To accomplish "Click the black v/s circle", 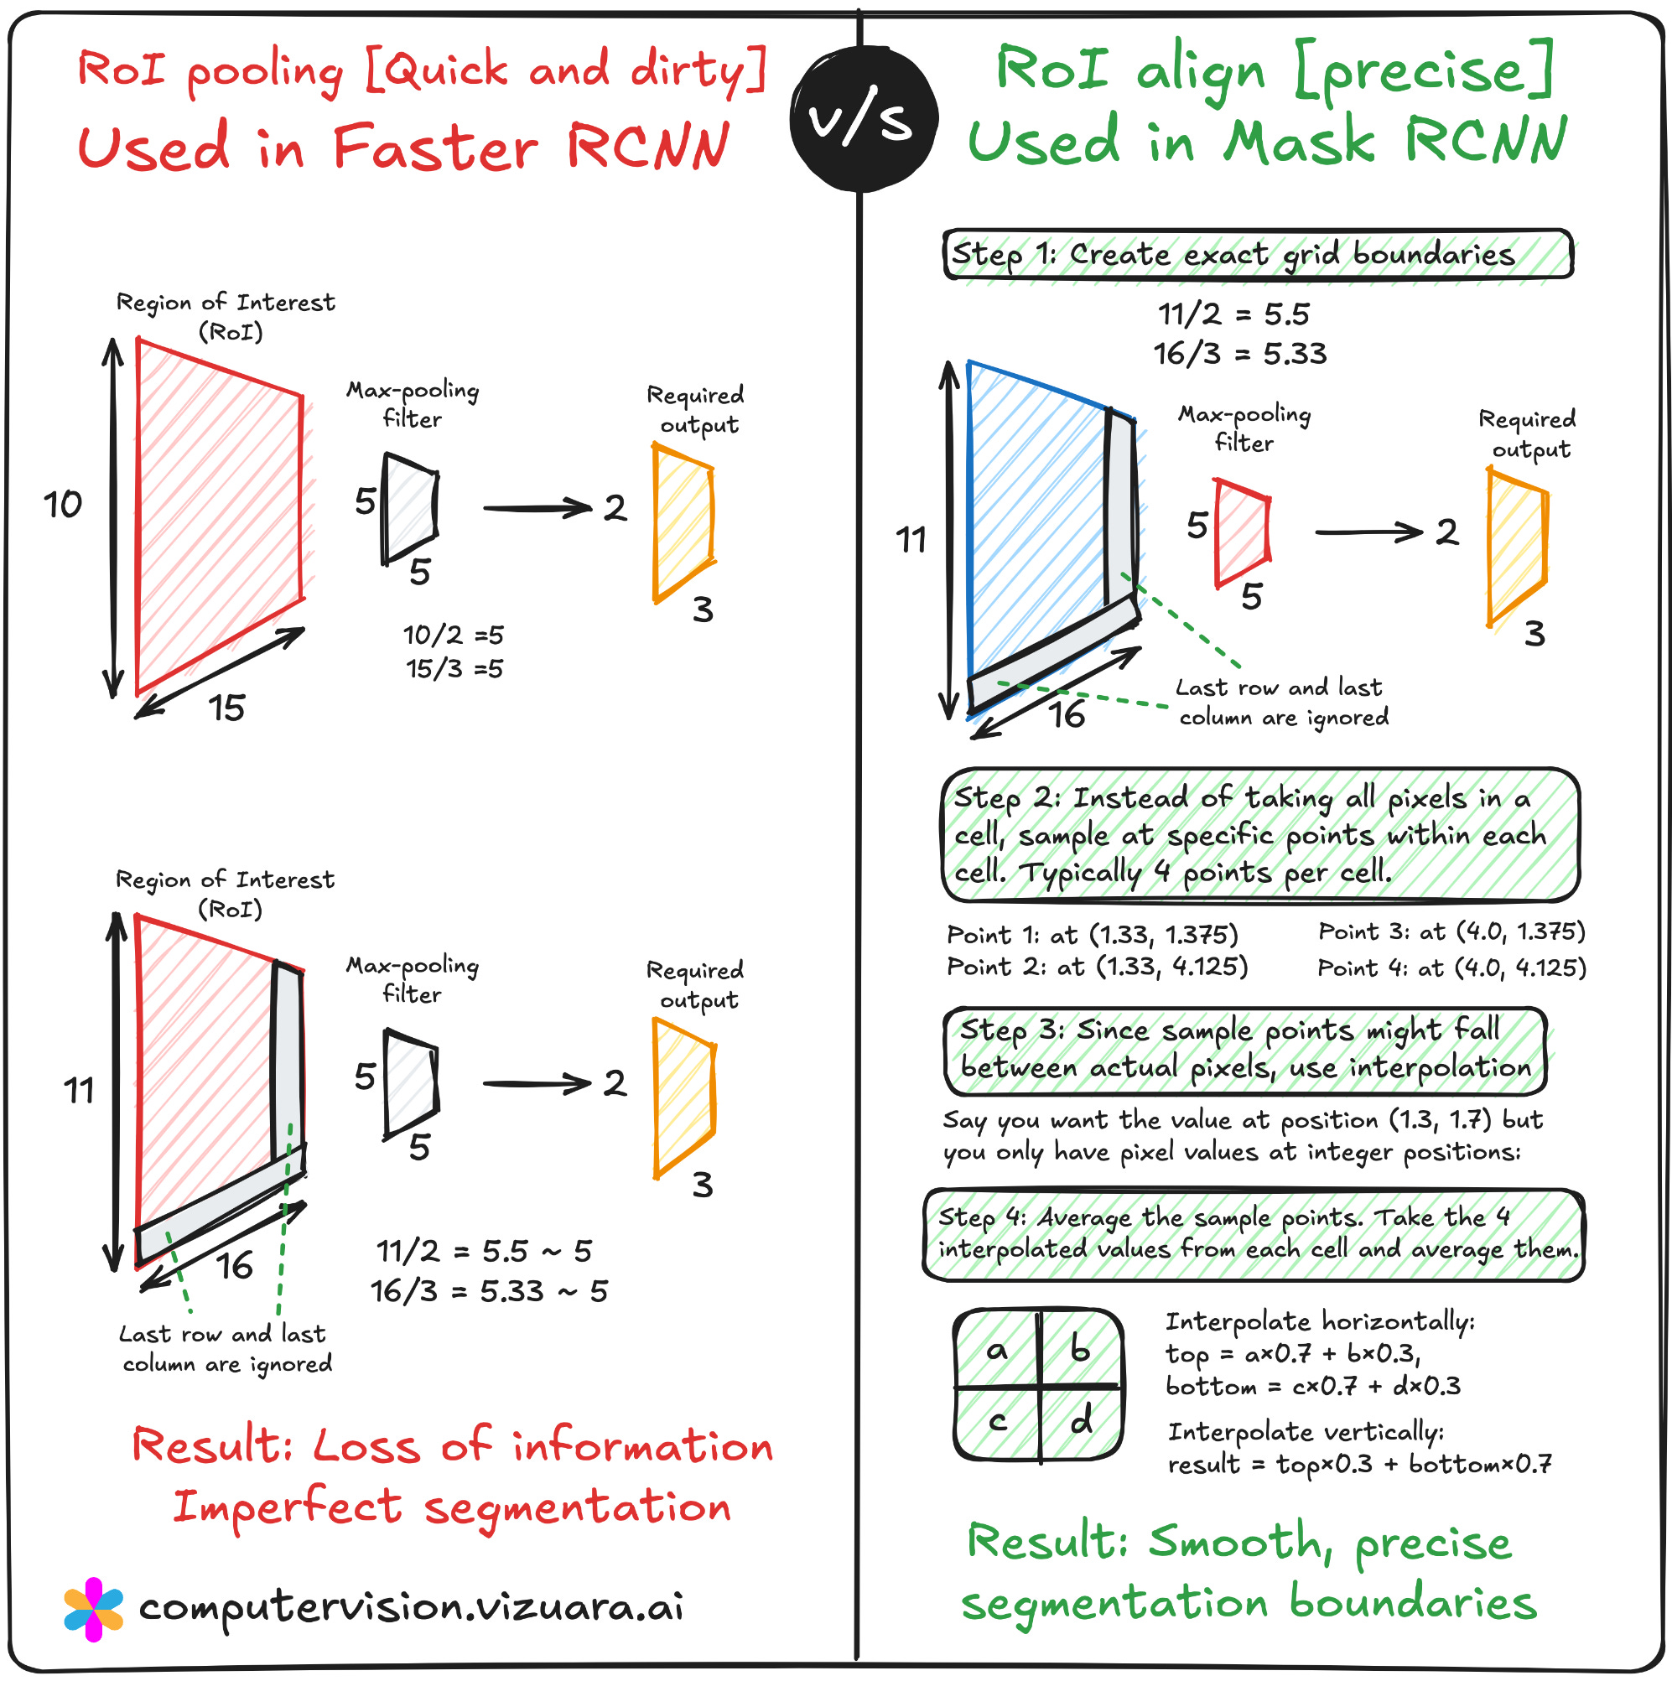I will pyautogui.click(x=864, y=118).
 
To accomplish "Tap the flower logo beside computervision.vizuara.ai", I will pyautogui.click(x=94, y=1609).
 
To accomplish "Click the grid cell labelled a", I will pyautogui.click(x=997, y=1352).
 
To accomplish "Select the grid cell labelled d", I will pyautogui.click(x=1079, y=1422).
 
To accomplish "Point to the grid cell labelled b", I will pyautogui.click(x=1079, y=1352).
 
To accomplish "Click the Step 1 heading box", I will pyautogui.click(x=1257, y=255).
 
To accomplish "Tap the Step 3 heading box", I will pyautogui.click(x=1244, y=1051).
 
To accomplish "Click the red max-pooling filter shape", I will pyautogui.click(x=1241, y=532).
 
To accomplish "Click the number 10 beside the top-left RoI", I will pyautogui.click(x=63, y=505).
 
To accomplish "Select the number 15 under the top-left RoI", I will pyautogui.click(x=226, y=708).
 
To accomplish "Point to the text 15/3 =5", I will pyautogui.click(x=454, y=669).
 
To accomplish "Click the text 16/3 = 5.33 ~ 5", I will pyautogui.click(x=489, y=1291).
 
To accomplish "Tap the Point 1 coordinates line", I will pyautogui.click(x=1093, y=936).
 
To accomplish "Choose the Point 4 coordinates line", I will pyautogui.click(x=1451, y=968).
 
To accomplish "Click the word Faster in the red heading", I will pyautogui.click(x=435, y=148).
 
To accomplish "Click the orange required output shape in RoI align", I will pyautogui.click(x=1517, y=547).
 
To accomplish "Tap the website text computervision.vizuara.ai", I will pyautogui.click(x=411, y=1608).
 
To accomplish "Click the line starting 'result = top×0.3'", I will pyautogui.click(x=1358, y=1465).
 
